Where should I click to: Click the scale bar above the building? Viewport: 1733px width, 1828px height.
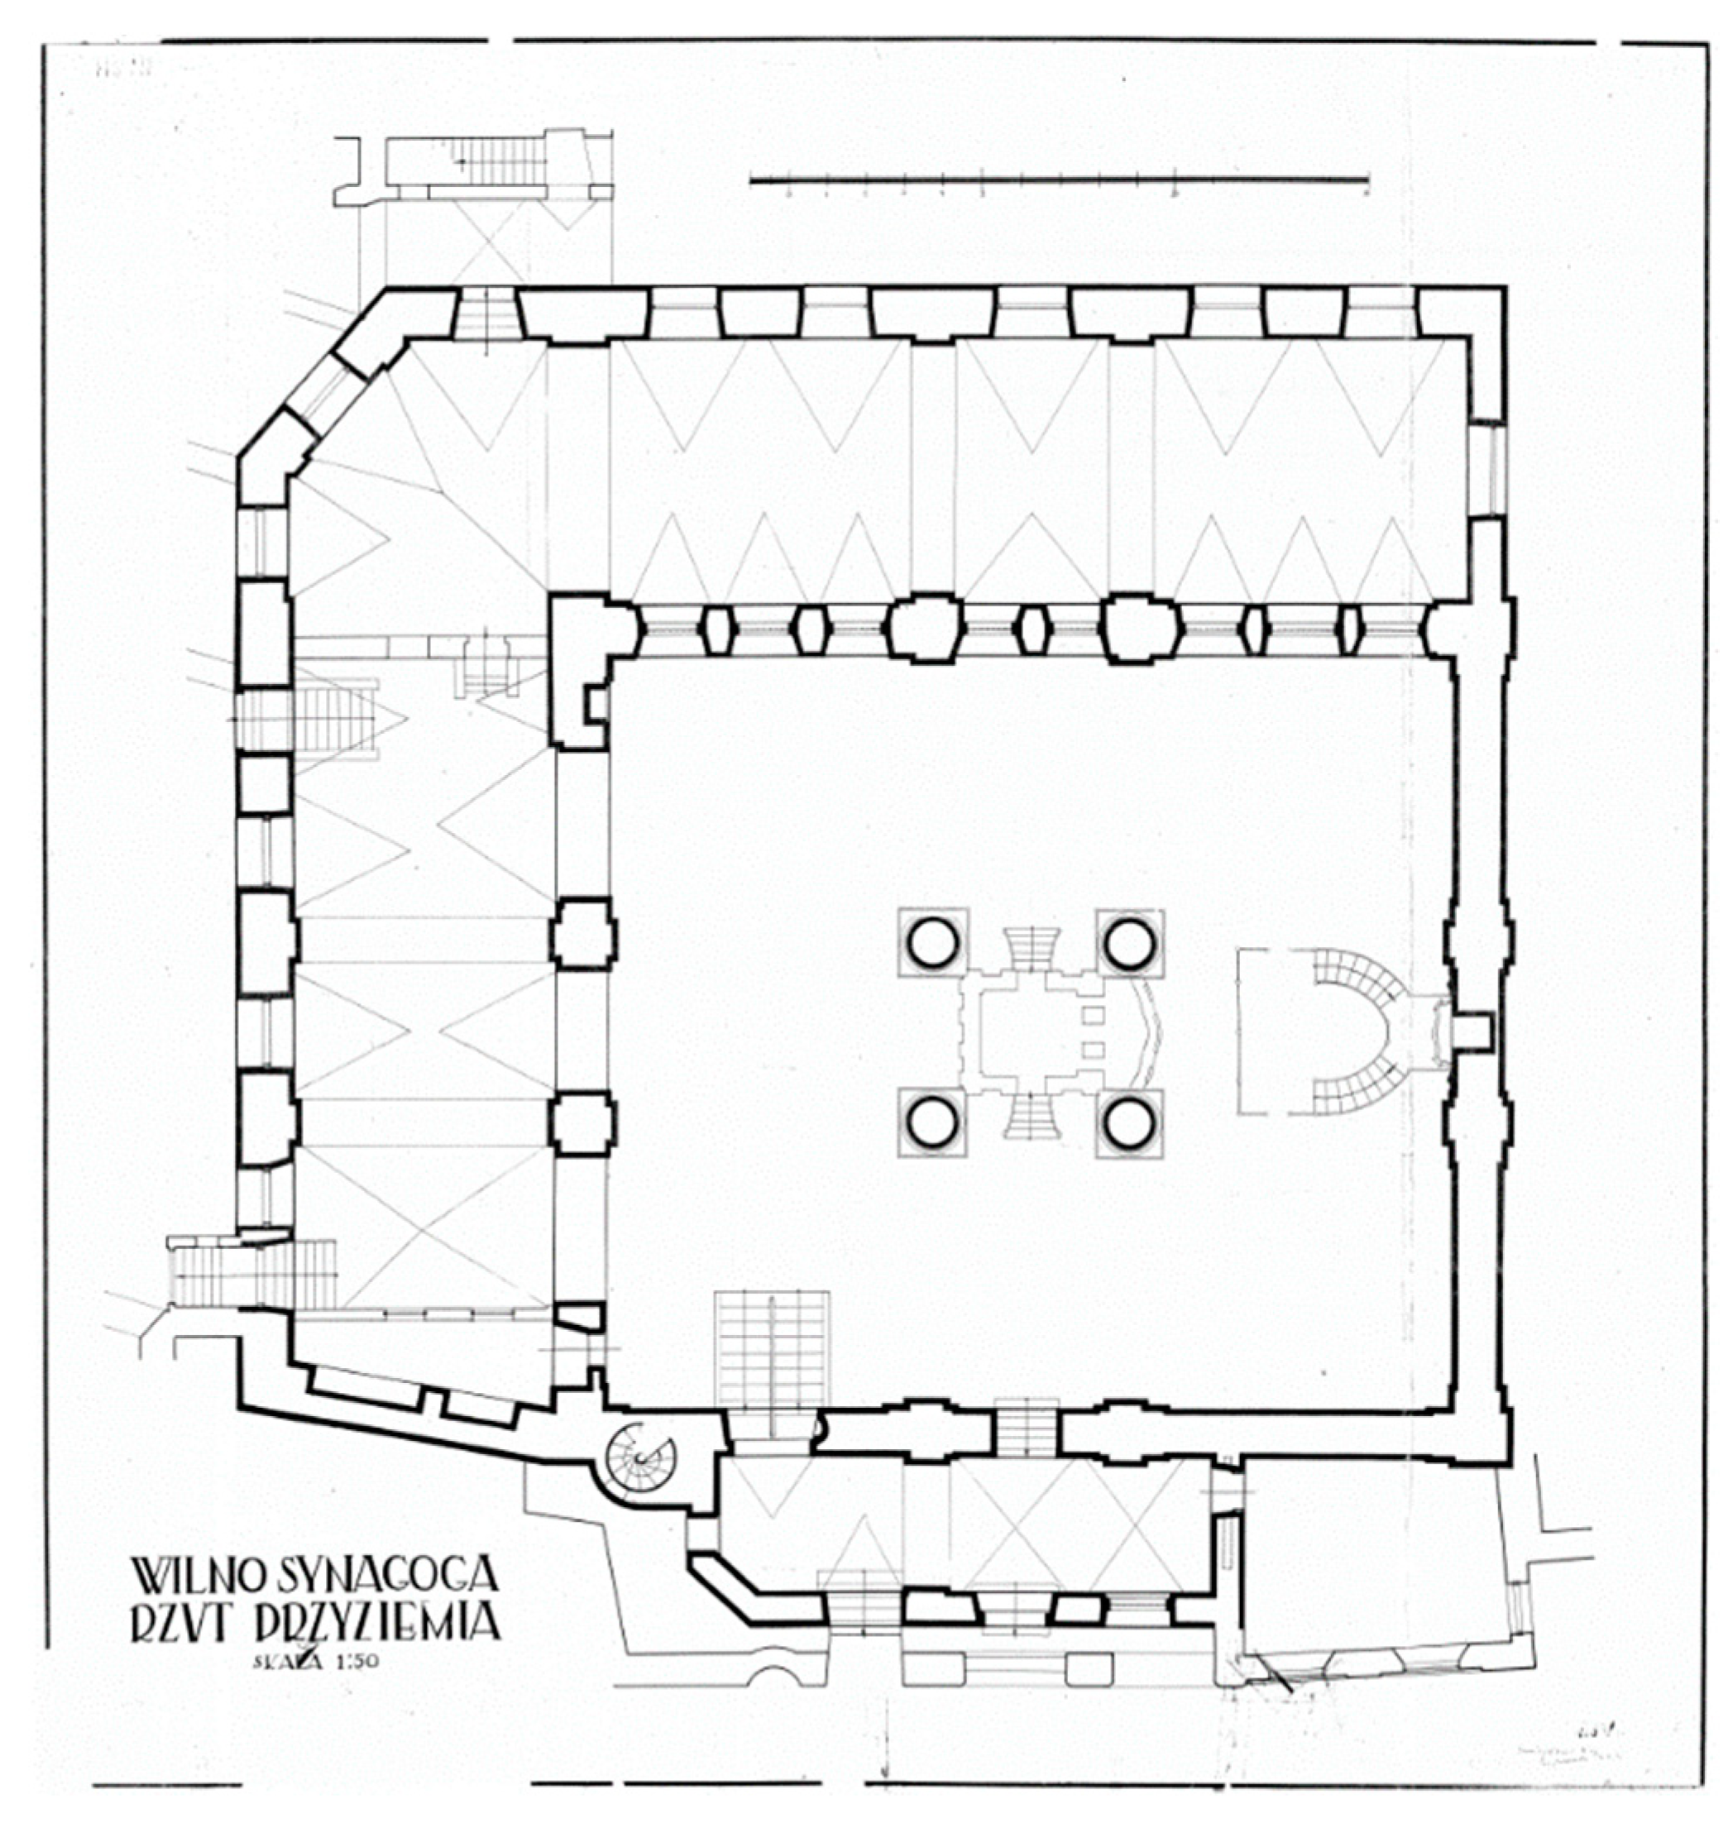[1058, 181]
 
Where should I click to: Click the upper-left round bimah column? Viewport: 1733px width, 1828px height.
[934, 944]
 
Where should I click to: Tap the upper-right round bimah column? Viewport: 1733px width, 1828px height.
[1130, 944]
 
